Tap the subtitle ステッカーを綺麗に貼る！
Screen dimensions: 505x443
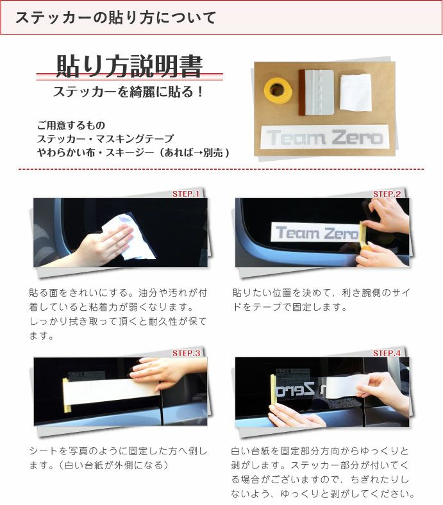pyautogui.click(x=128, y=92)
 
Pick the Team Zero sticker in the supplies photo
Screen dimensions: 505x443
pyautogui.click(x=324, y=137)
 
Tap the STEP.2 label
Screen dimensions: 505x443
pyautogui.click(x=387, y=194)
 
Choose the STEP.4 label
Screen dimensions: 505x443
pyautogui.click(x=387, y=353)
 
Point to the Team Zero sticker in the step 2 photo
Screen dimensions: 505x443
pyautogui.click(x=314, y=233)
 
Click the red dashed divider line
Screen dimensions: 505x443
pyautogui.click(x=221, y=169)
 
